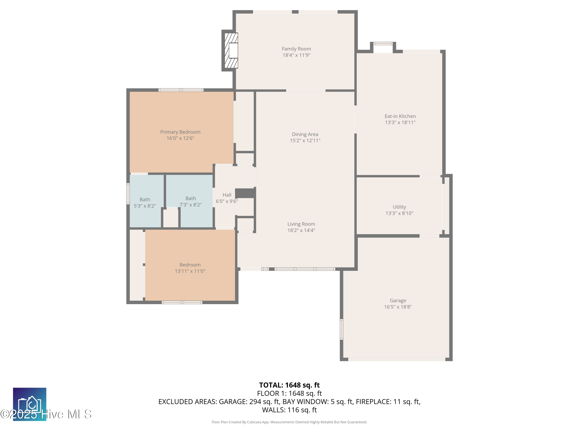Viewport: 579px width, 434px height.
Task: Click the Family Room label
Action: [296, 49]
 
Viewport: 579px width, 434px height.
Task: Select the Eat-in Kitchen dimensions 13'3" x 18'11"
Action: [400, 122]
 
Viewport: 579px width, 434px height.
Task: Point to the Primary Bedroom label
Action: [180, 132]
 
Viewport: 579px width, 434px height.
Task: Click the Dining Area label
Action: [305, 134]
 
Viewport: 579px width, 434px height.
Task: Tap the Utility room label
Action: [399, 207]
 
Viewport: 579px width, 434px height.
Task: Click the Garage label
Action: [398, 301]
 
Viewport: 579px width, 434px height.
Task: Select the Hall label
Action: [227, 195]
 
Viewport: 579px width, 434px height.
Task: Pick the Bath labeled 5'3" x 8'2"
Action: [145, 203]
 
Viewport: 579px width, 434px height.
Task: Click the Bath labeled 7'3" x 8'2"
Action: [190, 201]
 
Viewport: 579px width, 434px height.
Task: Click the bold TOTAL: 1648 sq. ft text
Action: [289, 385]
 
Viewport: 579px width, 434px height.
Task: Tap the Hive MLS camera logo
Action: [30, 404]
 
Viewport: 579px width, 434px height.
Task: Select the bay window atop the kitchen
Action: [383, 44]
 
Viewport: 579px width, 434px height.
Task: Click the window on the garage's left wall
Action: [341, 329]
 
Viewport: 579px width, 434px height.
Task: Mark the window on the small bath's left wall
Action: [128, 194]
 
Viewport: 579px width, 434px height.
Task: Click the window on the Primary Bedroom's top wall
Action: [181, 90]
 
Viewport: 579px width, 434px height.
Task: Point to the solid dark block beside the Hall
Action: [245, 193]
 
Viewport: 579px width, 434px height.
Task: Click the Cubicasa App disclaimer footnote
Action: [289, 422]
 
